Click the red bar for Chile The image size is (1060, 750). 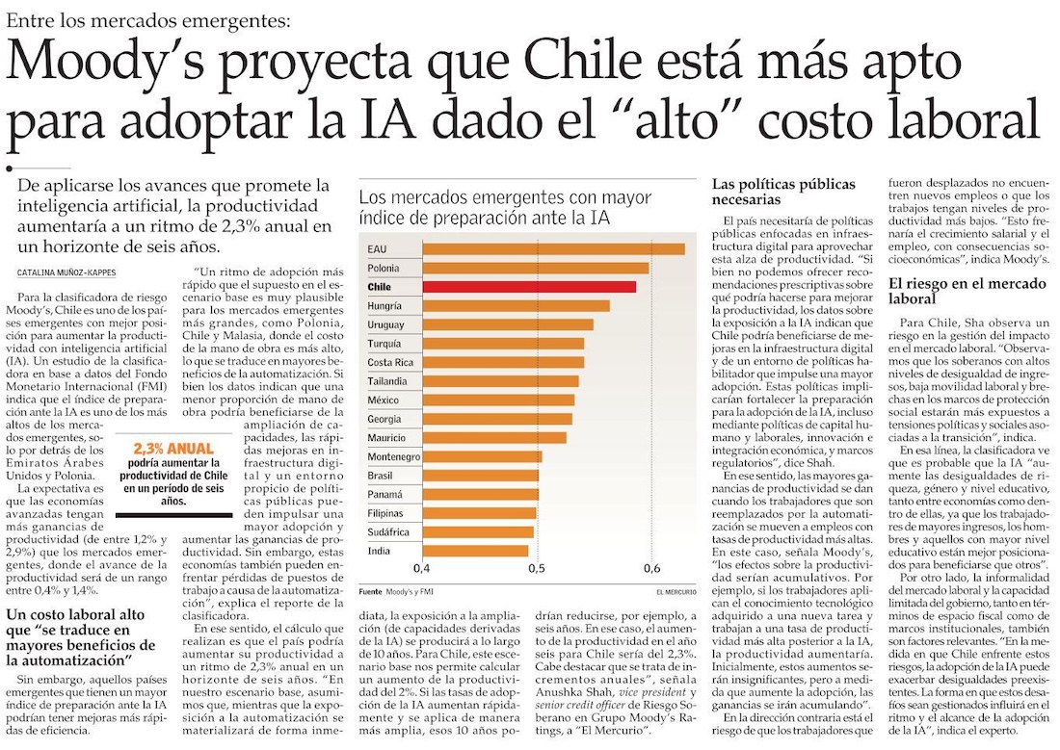[x=528, y=287]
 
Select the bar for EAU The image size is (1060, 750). [x=553, y=248]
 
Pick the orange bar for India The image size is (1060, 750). [x=475, y=551]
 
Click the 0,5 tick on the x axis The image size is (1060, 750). [x=536, y=567]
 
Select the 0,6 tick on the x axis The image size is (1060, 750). [x=651, y=567]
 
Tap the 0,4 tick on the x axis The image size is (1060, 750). [x=421, y=567]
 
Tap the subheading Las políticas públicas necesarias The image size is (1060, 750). [x=767, y=192]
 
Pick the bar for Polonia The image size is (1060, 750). [x=535, y=268]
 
